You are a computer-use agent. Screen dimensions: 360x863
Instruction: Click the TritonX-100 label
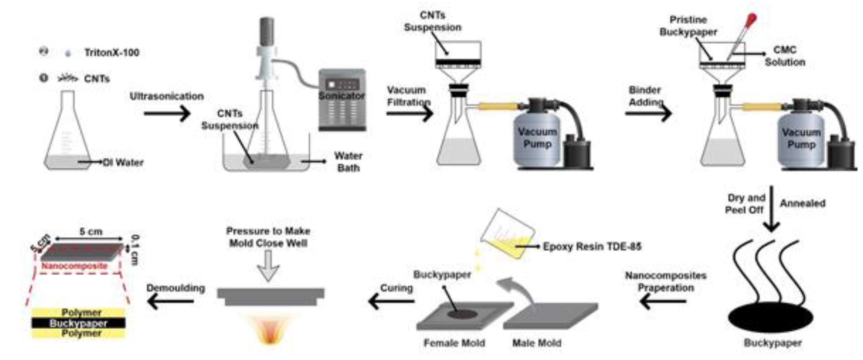(x=112, y=52)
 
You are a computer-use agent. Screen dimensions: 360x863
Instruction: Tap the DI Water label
(x=123, y=162)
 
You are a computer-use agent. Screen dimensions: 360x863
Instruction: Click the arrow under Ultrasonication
(x=167, y=113)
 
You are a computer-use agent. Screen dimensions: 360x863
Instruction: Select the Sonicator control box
(x=342, y=100)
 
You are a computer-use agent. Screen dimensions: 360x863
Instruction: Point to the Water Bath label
(x=348, y=162)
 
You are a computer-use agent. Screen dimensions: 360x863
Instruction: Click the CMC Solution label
(x=785, y=56)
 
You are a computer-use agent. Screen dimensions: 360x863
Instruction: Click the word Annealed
(x=803, y=203)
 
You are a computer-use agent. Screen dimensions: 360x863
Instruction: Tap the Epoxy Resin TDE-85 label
(x=592, y=247)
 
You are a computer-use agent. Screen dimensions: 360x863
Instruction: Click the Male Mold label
(x=537, y=343)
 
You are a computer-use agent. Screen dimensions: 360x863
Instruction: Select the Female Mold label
(x=454, y=343)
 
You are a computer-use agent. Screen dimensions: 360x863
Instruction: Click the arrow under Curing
(x=391, y=301)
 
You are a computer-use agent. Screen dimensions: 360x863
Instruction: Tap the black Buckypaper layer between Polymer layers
(x=79, y=323)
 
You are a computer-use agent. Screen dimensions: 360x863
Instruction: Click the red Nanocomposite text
(x=74, y=266)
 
